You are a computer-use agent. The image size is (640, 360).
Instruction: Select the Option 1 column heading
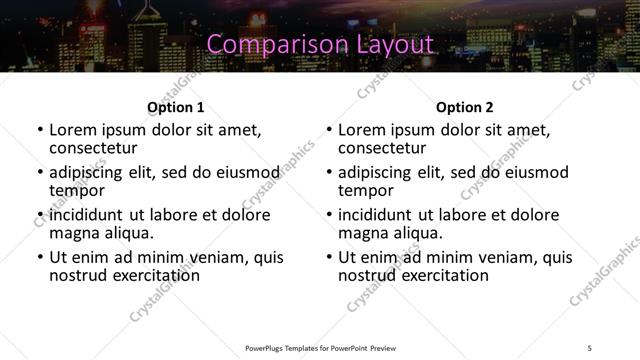[176, 107]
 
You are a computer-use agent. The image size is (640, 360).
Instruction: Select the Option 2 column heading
[465, 107]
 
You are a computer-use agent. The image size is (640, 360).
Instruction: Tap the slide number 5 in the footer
[589, 348]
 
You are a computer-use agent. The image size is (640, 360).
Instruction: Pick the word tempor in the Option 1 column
[77, 190]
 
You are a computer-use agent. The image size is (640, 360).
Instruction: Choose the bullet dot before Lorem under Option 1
[39, 130]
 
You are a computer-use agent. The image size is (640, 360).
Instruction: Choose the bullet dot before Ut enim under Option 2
[328, 257]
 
